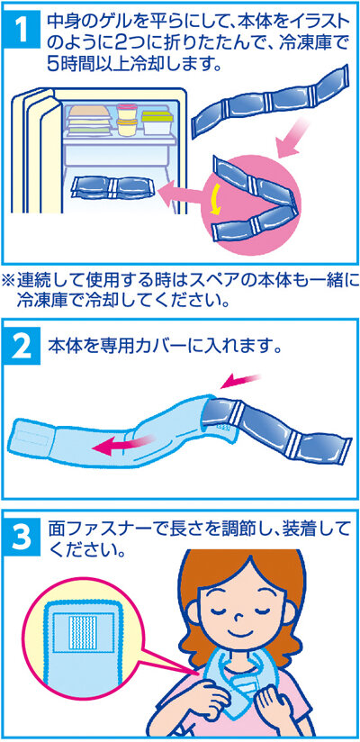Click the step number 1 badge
coord(24,30)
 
